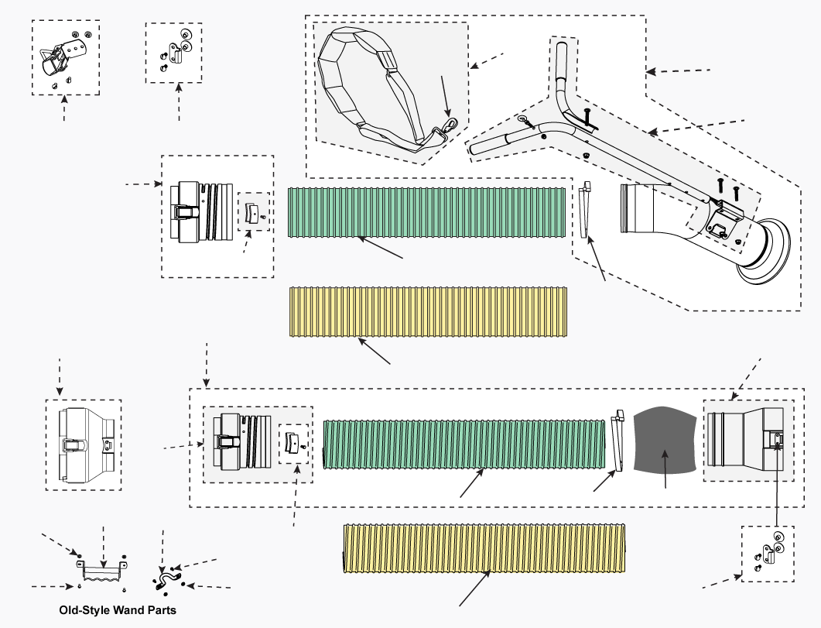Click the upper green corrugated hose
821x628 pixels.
(x=426, y=213)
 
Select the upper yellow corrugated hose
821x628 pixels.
(x=429, y=311)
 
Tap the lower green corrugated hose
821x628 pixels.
(x=464, y=444)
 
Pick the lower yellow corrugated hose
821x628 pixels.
(x=484, y=548)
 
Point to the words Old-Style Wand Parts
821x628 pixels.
(x=118, y=610)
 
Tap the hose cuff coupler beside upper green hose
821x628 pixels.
(x=202, y=212)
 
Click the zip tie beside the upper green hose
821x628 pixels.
(x=586, y=210)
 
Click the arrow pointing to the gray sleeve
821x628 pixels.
(x=665, y=468)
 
